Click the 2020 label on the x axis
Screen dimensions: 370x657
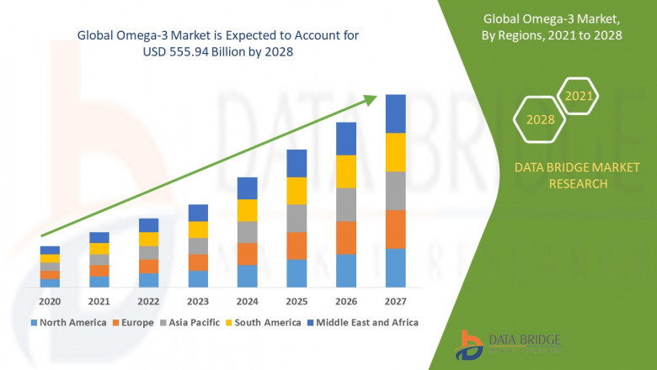[x=50, y=301]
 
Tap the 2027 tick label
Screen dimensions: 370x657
[x=395, y=301]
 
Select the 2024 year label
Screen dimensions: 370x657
[x=247, y=301]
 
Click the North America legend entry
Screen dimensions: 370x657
[x=68, y=322]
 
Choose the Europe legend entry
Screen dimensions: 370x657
[x=136, y=322]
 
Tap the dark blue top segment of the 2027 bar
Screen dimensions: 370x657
[x=395, y=114]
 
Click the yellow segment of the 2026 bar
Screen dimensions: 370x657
[x=346, y=172]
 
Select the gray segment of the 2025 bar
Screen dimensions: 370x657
[x=296, y=218]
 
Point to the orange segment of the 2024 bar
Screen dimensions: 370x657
[x=247, y=254]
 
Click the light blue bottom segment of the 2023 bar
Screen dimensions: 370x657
[x=198, y=279]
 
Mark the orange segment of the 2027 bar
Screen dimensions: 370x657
[x=395, y=229]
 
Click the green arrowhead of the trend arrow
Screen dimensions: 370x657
[x=371, y=98]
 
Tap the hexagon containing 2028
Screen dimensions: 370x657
[x=540, y=119]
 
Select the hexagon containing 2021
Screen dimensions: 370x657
[x=579, y=97]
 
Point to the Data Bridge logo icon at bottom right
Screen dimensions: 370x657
[x=469, y=345]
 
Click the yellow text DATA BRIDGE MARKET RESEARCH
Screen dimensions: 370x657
[x=560, y=176]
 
